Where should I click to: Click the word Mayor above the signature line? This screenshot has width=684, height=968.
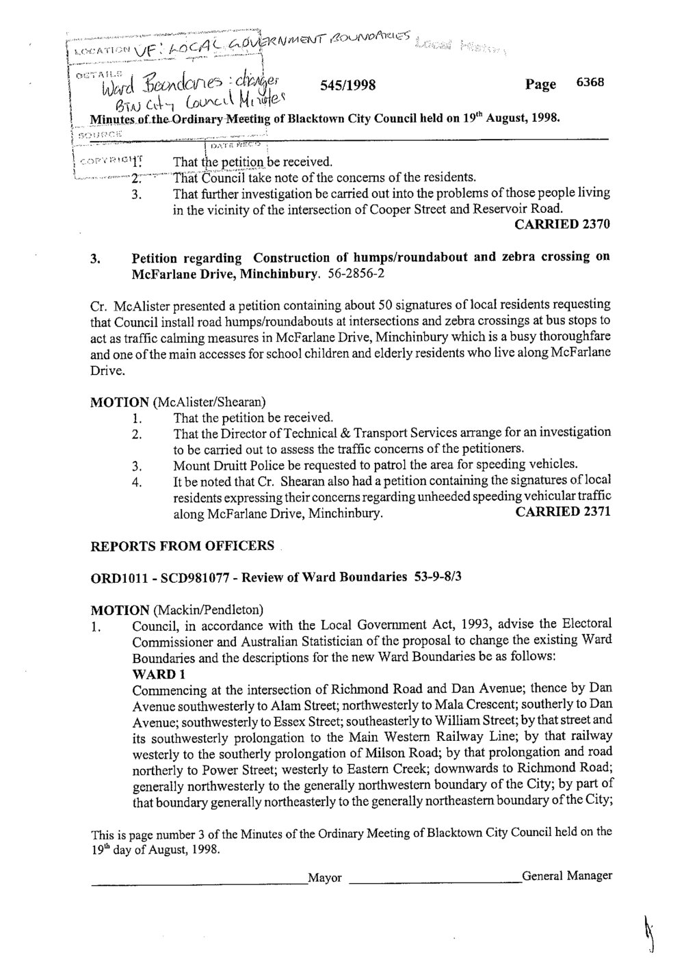pos(325,878)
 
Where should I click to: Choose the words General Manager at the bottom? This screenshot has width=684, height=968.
pos(566,876)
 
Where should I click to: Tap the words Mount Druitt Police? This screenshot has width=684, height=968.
pos(220,465)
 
